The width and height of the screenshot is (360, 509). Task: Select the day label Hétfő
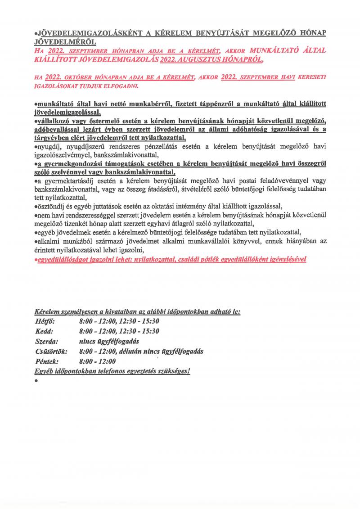[x=44, y=321]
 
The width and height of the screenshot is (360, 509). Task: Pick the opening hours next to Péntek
[x=97, y=361]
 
